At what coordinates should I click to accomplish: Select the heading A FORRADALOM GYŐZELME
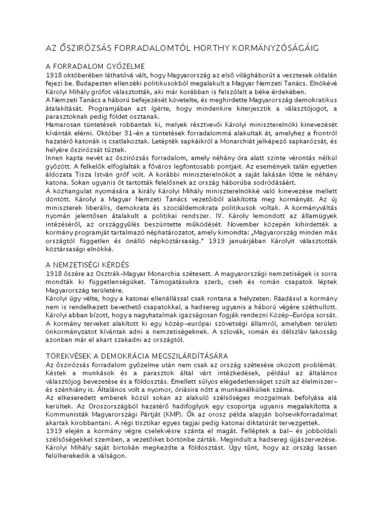[x=95, y=66]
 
